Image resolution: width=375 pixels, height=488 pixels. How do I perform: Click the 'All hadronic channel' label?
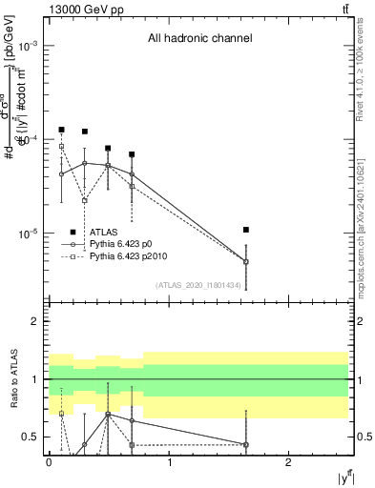click(198, 39)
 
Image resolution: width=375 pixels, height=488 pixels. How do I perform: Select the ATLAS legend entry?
click(104, 232)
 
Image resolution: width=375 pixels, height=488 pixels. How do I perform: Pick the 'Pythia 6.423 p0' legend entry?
click(127, 244)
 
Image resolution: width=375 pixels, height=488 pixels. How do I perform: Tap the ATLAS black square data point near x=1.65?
click(246, 230)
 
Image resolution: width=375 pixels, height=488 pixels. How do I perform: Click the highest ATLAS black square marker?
click(62, 130)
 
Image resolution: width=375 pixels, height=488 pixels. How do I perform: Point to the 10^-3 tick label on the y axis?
click(31, 47)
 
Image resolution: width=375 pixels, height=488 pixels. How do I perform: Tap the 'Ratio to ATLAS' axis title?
click(12, 379)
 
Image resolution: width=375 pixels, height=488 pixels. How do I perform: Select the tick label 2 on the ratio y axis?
click(37, 321)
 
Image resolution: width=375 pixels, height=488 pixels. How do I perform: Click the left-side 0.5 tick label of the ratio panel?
click(33, 437)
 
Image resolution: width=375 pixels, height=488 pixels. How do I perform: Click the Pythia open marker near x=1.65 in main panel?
click(246, 261)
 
